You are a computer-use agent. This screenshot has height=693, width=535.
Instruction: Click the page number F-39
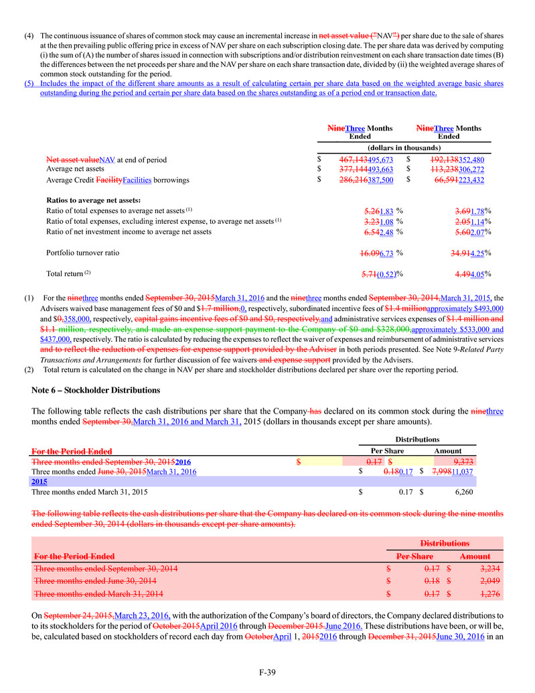coord(268,674)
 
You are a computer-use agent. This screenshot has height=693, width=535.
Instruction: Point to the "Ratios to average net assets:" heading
coord(93,200)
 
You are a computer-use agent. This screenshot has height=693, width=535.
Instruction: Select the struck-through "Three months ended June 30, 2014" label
coord(95,580)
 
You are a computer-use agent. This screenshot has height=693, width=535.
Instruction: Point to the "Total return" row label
coord(66,274)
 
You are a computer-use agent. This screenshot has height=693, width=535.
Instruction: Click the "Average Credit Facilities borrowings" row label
coord(108,180)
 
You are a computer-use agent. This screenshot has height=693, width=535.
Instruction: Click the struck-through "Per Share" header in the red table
coord(415,556)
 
